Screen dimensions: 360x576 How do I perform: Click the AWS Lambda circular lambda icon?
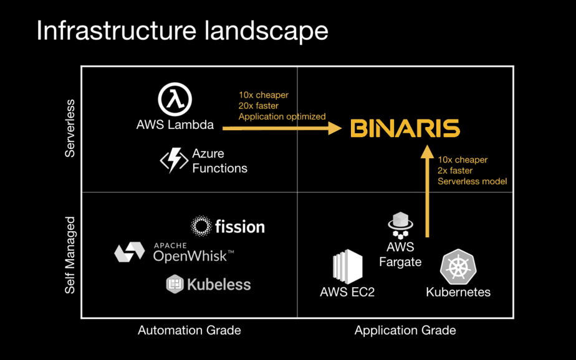[x=175, y=100]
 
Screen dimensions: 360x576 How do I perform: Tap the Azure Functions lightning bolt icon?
[x=174, y=159]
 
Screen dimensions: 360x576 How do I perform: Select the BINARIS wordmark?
[x=405, y=129]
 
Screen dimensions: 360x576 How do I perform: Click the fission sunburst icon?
[x=201, y=227]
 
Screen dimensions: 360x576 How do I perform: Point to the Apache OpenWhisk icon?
[x=130, y=252]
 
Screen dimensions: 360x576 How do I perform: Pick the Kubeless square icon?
[x=175, y=285]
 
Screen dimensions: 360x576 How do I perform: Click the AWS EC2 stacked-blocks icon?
[x=347, y=267]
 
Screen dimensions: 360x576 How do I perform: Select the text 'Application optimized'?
[x=282, y=116]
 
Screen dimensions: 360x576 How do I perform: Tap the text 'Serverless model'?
[x=472, y=181]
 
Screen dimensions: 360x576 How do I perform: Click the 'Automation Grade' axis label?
[x=190, y=330]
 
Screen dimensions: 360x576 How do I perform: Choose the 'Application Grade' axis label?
[x=405, y=330]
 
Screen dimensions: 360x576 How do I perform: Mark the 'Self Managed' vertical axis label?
[x=70, y=255]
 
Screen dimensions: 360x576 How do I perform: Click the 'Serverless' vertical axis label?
[x=70, y=128]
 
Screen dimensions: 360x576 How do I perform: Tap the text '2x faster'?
[x=455, y=171]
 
